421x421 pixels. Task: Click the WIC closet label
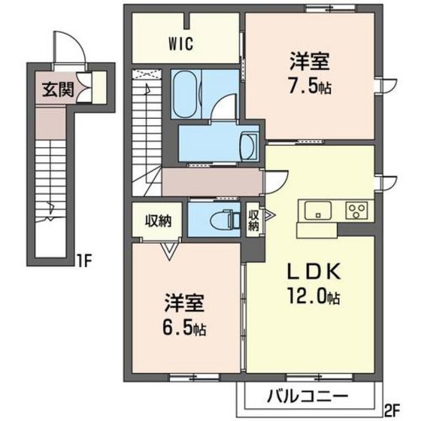point(181,43)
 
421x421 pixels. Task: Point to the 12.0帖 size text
point(306,296)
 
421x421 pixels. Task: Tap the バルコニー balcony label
point(307,395)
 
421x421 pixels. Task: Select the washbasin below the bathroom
point(249,144)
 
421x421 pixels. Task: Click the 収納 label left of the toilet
point(159,221)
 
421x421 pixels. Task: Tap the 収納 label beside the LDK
point(254,219)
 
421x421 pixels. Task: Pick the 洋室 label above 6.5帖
point(185,305)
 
